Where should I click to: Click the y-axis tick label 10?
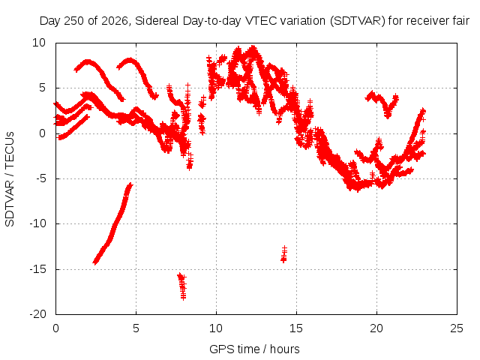coord(39,43)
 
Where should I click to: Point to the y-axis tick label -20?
coord(37,314)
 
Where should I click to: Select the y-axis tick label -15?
coord(37,269)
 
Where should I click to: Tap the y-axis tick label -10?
coord(37,223)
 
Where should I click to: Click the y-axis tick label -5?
coord(40,178)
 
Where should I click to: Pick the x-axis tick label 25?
coord(457,328)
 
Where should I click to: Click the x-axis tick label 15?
coord(296,328)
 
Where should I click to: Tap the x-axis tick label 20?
coord(376,328)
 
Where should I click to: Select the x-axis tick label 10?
coord(216,328)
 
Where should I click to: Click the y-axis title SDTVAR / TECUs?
coord(10,179)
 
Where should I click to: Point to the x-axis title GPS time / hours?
coord(254,349)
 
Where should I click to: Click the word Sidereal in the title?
coord(157,21)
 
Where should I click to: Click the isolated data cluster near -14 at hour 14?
coord(284,254)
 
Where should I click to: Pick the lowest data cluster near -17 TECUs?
coord(181,286)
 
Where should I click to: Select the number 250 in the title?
coord(74,21)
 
